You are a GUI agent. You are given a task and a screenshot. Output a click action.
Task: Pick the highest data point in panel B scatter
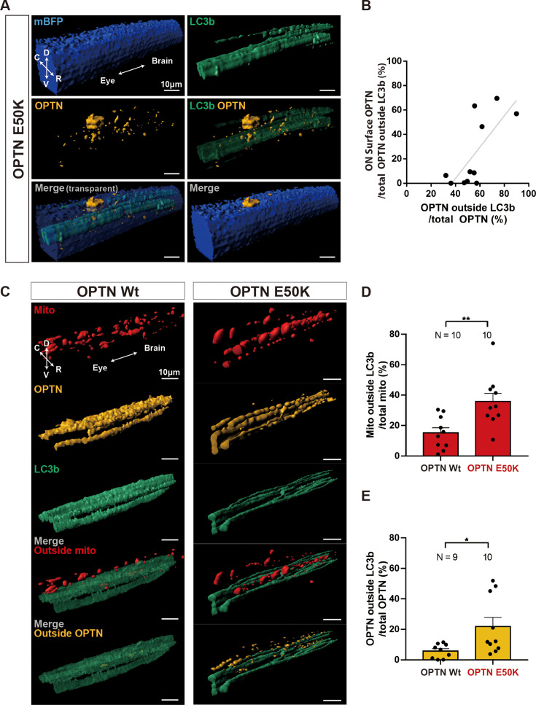click(x=497, y=98)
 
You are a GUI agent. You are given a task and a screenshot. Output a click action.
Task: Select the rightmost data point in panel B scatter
click(x=516, y=114)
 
